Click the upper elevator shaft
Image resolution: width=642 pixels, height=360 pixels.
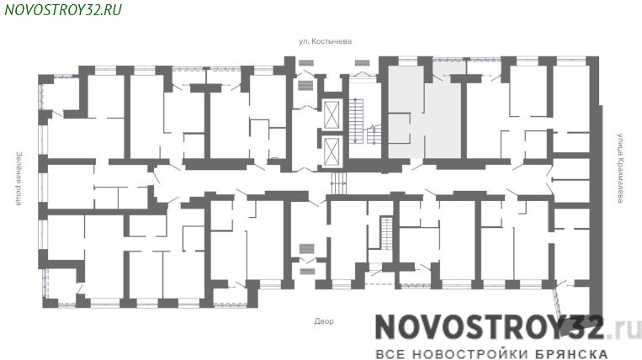pyautogui.click(x=332, y=115)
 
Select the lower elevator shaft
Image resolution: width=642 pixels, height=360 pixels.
pyautogui.click(x=332, y=151)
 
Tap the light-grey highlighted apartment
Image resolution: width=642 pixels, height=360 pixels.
pyautogui.click(x=426, y=110)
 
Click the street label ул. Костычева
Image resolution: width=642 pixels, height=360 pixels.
pyautogui.click(x=325, y=41)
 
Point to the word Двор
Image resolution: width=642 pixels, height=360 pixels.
pyautogui.click(x=324, y=321)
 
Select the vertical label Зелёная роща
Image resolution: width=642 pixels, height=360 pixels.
pyautogui.click(x=19, y=178)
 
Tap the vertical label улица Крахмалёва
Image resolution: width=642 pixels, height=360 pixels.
pyautogui.click(x=621, y=167)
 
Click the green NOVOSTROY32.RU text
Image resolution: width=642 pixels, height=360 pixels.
pyautogui.click(x=63, y=9)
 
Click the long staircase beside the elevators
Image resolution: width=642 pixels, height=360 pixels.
pyautogui.click(x=356, y=120)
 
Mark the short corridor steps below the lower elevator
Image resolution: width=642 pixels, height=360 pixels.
pyautogui.click(x=338, y=183)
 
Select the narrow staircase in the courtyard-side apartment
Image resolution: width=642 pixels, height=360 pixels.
pyautogui.click(x=386, y=233)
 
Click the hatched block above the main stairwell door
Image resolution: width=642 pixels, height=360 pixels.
pyautogui.click(x=363, y=62)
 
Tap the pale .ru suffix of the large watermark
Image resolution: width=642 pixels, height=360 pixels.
pyautogui.click(x=624, y=328)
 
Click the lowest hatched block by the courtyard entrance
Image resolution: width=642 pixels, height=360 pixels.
pyautogui.click(x=307, y=271)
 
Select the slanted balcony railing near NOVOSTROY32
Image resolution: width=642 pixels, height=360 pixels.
pyautogui.click(x=557, y=303)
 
